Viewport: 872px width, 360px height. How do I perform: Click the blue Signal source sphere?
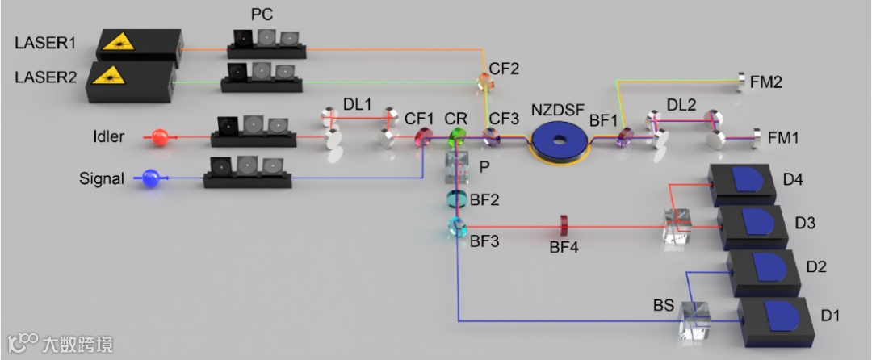click(151, 179)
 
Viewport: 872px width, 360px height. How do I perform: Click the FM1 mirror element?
click(758, 137)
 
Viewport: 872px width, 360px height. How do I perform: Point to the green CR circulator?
click(458, 136)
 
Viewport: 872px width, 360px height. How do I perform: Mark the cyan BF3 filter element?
click(458, 227)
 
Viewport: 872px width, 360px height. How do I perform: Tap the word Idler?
click(107, 137)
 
